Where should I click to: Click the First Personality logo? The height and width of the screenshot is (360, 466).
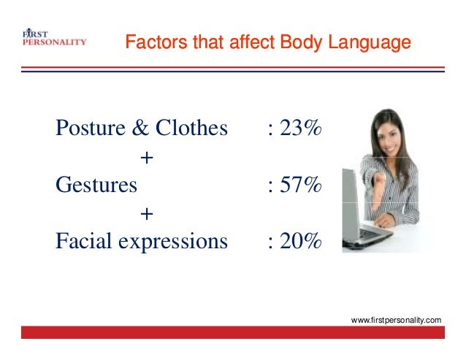(55, 37)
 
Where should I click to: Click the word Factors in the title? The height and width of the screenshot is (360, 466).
(149, 43)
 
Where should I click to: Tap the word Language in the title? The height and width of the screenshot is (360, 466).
(371, 43)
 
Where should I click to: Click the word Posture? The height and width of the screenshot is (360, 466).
(83, 129)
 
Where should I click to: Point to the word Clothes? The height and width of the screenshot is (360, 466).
(192, 129)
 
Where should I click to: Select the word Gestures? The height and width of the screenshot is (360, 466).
(96, 185)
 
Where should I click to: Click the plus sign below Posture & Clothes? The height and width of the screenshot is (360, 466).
(146, 158)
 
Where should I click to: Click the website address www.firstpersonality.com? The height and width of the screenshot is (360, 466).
(397, 321)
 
